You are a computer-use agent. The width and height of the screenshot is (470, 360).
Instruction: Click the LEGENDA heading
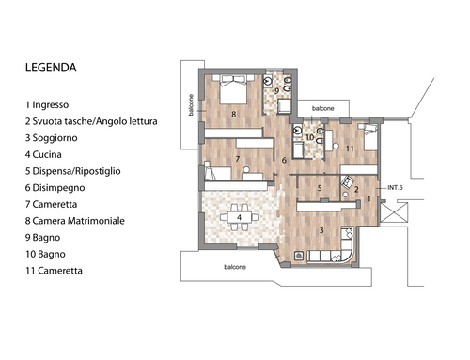coord(51,68)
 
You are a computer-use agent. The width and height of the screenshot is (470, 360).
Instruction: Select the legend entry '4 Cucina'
coord(43,154)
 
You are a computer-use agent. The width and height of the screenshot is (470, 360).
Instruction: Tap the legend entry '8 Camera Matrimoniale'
coord(75,221)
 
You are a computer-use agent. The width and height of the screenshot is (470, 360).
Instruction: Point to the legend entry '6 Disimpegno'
coord(55,188)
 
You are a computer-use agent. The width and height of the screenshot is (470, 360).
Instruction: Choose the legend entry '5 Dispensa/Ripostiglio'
coord(72,171)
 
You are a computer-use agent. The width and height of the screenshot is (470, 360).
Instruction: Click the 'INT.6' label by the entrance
coord(395,188)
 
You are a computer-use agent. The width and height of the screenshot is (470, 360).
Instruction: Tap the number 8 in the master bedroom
coord(233,115)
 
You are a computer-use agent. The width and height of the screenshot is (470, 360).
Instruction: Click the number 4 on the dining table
coord(239,217)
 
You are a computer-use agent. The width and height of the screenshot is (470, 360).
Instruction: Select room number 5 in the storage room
coord(320,188)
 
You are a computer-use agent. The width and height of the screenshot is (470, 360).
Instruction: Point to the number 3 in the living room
coord(321,230)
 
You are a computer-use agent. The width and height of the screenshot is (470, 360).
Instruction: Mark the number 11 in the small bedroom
coord(350,149)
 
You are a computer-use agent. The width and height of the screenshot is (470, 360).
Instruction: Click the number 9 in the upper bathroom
coord(276,91)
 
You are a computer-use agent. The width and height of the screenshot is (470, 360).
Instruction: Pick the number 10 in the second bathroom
coord(310,137)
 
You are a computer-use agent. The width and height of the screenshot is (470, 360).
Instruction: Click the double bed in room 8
coord(233,89)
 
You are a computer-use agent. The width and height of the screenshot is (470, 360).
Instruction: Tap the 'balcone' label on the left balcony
coord(191,105)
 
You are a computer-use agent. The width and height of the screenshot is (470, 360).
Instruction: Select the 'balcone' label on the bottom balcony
coord(235,267)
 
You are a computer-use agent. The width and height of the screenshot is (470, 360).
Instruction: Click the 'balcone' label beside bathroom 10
coord(323,108)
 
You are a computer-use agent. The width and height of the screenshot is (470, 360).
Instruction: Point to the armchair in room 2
coord(347,182)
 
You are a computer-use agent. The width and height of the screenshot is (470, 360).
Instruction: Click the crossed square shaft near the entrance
coord(394,212)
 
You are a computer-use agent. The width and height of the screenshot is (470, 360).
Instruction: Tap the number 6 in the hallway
coord(284,160)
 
